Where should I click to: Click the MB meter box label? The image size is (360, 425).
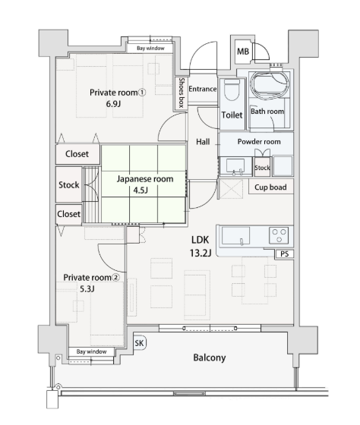pos(243,52)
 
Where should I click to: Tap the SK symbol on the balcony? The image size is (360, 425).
pos(140,343)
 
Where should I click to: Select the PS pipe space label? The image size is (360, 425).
pos(284,254)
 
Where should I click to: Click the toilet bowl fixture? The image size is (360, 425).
pos(232,90)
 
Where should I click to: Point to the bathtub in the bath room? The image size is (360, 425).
pos(270,85)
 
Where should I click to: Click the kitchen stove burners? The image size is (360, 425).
pos(279,235)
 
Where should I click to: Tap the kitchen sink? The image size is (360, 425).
pos(235,235)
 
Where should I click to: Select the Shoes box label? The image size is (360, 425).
pos(182,93)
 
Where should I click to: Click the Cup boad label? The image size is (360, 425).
pos(270,187)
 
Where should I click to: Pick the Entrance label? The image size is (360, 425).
pos(202,89)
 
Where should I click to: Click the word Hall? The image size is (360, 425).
pos(203,141)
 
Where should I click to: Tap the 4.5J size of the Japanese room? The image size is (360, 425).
pos(141,190)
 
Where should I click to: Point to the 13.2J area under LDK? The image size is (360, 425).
pos(201,253)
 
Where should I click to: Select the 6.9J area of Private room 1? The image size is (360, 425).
pos(113,104)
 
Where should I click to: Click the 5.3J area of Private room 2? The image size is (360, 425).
pos(87,289)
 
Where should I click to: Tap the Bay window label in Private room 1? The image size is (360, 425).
pos(150,49)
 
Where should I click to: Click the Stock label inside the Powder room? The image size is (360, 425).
pos(262,168)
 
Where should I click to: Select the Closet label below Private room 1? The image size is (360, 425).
pos(77,154)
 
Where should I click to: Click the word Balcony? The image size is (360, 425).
pos(210,357)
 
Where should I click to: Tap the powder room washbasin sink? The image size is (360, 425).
pos(235,167)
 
